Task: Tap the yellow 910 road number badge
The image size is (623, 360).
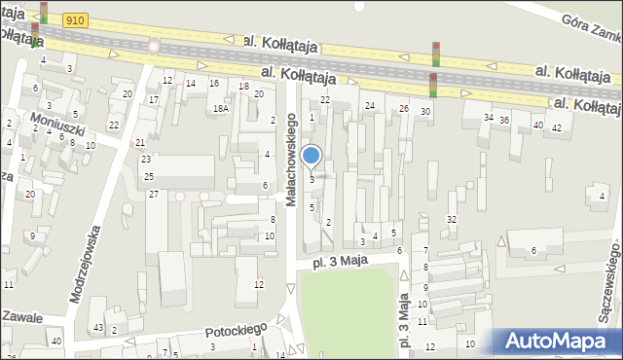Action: point(76,19)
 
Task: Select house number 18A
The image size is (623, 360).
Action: point(221,108)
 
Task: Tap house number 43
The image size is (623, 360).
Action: point(97,326)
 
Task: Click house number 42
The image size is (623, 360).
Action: point(557,127)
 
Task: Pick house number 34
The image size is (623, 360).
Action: point(488,118)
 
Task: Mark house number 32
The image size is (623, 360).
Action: point(451,219)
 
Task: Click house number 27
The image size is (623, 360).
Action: point(153,195)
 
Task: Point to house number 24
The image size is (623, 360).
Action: point(369,105)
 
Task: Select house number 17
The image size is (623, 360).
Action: point(153,99)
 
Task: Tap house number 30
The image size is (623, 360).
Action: point(425,112)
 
